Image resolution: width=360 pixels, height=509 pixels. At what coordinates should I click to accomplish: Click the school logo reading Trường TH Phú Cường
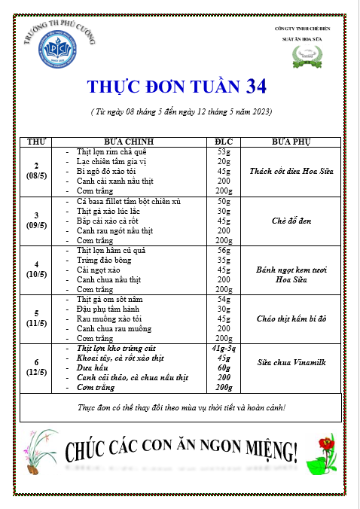59,44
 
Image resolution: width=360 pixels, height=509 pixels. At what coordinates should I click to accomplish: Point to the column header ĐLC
224,142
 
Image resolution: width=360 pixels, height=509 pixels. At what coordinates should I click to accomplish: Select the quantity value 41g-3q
224,349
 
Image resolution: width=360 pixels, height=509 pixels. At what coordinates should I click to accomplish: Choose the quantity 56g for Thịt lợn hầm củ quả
224,250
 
